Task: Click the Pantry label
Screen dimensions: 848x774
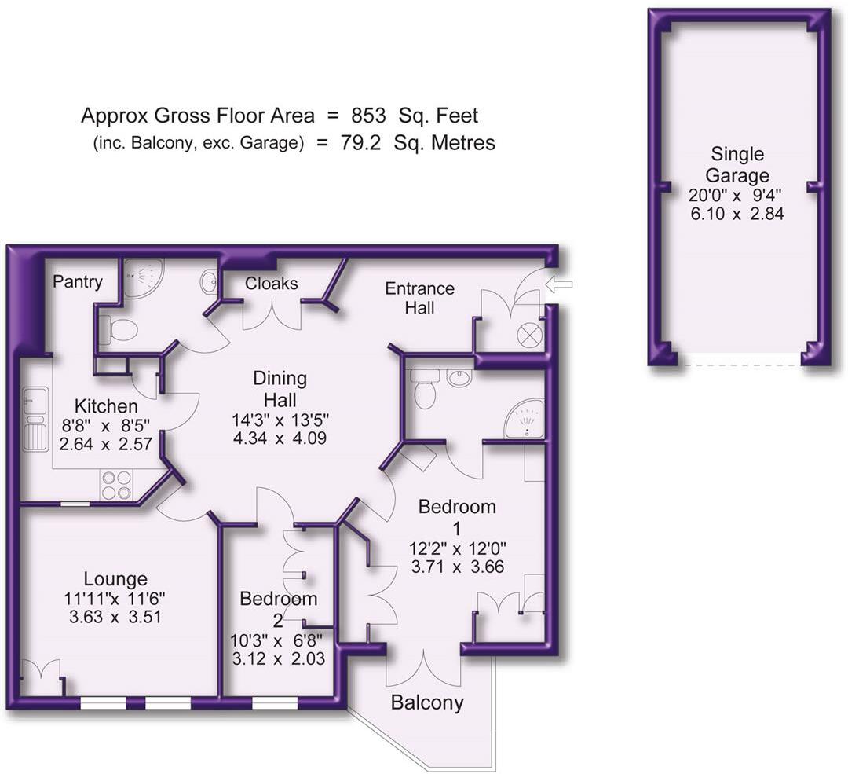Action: click(x=77, y=282)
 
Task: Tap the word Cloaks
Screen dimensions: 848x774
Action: click(x=272, y=283)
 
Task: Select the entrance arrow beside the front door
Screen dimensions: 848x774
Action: click(x=559, y=284)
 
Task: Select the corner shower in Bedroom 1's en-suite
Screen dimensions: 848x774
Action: click(x=524, y=419)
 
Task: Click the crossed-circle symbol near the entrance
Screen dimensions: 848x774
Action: click(x=529, y=335)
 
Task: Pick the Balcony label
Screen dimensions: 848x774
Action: click(x=427, y=702)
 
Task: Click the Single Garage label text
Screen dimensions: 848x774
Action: click(x=737, y=164)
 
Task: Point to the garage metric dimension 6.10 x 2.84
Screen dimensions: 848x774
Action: click(x=737, y=214)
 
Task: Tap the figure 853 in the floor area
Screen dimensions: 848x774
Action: click(x=368, y=116)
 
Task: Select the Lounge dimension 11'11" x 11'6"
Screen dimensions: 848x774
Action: click(x=115, y=599)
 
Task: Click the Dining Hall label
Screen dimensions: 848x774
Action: click(x=280, y=389)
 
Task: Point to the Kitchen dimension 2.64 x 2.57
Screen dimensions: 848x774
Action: click(x=105, y=445)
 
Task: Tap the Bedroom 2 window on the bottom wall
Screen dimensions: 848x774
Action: click(x=275, y=702)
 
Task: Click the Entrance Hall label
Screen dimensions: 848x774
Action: click(x=419, y=299)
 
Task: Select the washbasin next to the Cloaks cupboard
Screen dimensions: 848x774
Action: click(x=210, y=281)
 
